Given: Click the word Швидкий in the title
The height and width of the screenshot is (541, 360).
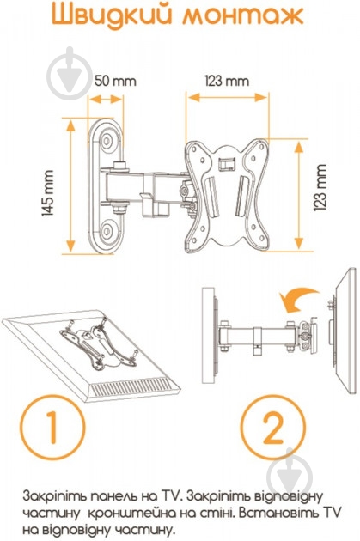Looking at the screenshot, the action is tap(112, 15).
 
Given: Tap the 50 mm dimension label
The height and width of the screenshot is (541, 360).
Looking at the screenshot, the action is tap(115, 81).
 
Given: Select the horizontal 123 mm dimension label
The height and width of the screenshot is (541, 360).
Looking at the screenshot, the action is tap(227, 82).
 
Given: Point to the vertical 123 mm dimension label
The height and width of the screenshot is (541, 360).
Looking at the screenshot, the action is tap(320, 187).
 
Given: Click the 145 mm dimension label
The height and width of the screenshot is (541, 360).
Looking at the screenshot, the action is tap(48, 193).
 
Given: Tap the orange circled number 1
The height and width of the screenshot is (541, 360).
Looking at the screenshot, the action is tap(52, 427).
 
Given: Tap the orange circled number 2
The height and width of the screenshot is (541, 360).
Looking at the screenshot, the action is tap(273, 428).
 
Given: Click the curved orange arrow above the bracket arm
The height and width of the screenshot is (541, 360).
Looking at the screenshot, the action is tap(297, 299).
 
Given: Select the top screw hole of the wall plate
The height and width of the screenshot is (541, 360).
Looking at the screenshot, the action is tap(107, 141).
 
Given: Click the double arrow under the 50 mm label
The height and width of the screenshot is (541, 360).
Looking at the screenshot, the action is tap(106, 100).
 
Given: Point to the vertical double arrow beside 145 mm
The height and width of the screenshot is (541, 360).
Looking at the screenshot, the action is tap(70, 186).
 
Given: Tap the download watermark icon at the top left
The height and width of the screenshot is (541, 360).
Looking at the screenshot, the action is tap(70, 73).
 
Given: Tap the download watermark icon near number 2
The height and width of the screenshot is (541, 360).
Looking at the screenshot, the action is tap(290, 471).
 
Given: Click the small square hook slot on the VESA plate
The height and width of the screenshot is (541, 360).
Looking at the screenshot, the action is tap(227, 162).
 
